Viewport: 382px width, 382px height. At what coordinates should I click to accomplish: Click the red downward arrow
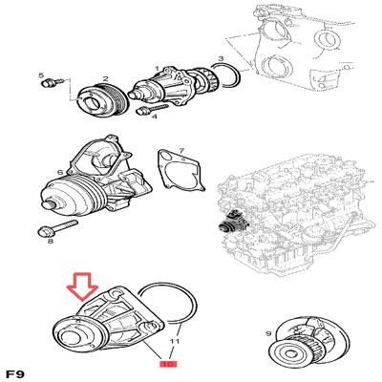pos(83,286)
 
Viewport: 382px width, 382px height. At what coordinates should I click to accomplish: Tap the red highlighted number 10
pos(168,364)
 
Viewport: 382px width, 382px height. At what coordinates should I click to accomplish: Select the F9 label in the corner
pos(14,374)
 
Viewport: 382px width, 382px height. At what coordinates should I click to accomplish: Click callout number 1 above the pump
pos(157,69)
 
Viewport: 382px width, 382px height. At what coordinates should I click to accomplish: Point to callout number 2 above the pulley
pos(105,78)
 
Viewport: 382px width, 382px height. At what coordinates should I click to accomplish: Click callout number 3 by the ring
pos(221,58)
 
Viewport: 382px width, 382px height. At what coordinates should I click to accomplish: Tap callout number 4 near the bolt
pos(155,117)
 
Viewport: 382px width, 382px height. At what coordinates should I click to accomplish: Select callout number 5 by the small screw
pos(41,75)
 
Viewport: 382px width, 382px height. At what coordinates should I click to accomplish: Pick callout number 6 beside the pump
pos(60,173)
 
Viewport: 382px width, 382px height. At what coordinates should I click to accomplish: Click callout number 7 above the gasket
pos(181,150)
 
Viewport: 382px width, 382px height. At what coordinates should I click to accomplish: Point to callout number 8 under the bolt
pos(51,242)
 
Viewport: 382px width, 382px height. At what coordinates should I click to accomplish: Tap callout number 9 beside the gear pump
pos(268,334)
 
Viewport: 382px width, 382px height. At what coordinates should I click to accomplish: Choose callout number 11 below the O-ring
pos(175,341)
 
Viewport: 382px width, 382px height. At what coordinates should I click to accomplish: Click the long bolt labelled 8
pos(57,227)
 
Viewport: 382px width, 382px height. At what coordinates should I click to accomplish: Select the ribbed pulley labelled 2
pos(103,100)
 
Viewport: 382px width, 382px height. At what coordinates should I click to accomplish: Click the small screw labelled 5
pos(53,83)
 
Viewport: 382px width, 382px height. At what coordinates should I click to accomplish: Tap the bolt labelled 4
pos(152,109)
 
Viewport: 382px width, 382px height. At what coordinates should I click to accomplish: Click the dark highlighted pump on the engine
pos(235,222)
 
